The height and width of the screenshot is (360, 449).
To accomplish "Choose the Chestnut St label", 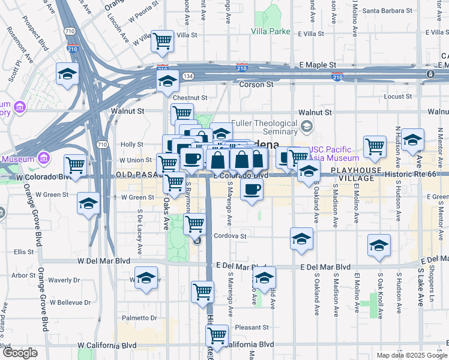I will (x=190, y=97).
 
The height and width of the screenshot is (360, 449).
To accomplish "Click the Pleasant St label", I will (x=252, y=328).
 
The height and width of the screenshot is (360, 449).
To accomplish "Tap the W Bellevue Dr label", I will (x=70, y=302).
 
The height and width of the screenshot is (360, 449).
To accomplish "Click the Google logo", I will (x=20, y=353).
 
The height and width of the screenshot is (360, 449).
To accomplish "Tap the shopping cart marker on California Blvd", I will (x=216, y=334).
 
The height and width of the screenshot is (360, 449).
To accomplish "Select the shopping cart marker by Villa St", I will (x=162, y=40).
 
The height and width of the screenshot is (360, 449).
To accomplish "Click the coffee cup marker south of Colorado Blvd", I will (x=252, y=190).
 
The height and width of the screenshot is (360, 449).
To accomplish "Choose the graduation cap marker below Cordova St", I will (x=301, y=238).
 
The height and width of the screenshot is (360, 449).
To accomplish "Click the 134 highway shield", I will (x=188, y=76).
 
